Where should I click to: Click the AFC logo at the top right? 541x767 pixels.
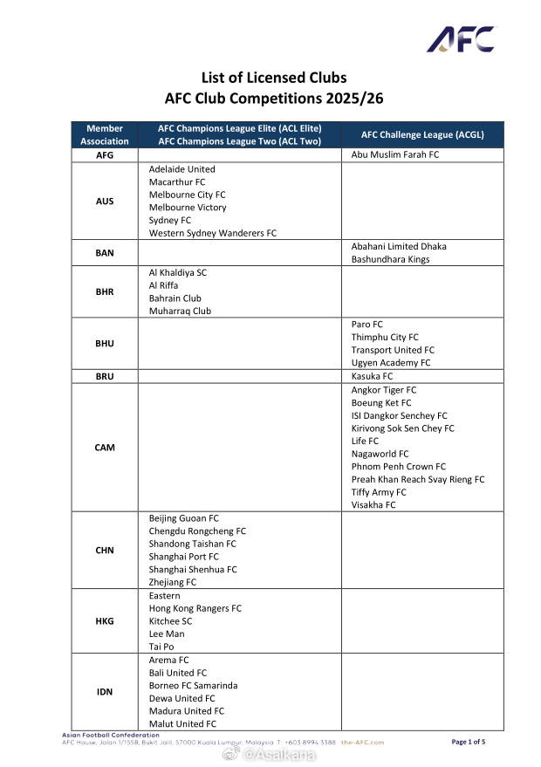tap(460, 39)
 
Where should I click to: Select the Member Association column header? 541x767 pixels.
tap(105, 134)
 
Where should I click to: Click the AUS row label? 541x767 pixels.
tap(105, 202)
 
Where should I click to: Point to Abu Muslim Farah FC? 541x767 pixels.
tap(395, 154)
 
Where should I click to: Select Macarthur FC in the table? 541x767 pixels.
tap(177, 182)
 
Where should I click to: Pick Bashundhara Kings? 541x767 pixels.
tap(390, 259)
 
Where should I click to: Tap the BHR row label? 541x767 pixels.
tap(105, 291)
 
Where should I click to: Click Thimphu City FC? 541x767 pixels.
tap(385, 337)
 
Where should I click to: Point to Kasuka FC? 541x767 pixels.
tap(372, 376)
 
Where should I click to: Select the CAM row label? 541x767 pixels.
tap(105, 448)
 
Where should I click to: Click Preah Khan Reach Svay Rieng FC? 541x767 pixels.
tap(417, 479)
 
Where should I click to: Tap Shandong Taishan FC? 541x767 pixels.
tap(192, 544)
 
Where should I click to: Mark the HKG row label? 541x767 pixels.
tap(105, 621)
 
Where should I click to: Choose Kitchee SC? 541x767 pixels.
tap(170, 621)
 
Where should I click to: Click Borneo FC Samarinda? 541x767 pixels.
tap(193, 686)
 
